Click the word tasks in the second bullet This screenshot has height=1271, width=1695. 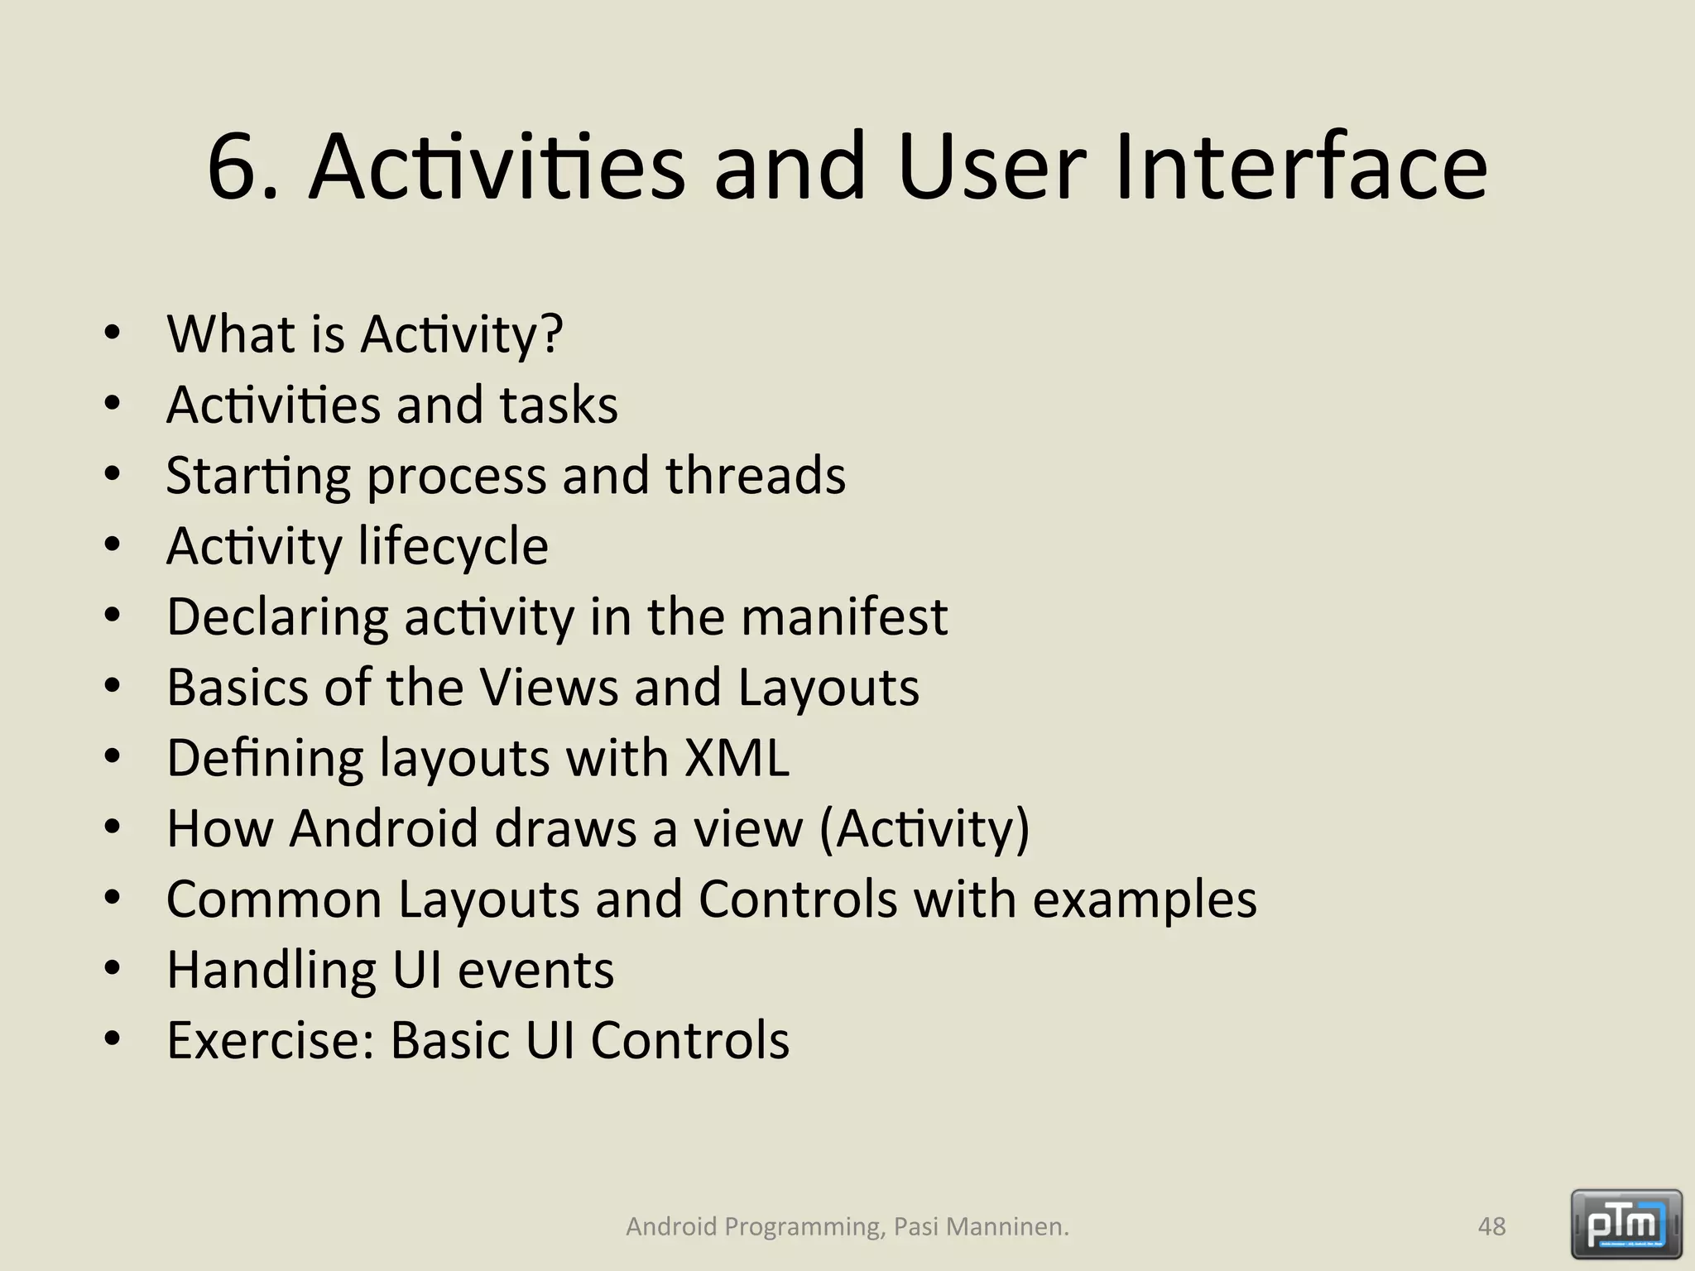tap(559, 405)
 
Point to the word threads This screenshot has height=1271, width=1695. tap(755, 476)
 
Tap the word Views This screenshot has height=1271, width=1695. tap(550, 688)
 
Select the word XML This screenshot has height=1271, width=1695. tap(737, 758)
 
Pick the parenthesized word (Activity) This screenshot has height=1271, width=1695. tap(924, 828)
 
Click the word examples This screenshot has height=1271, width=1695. tap(1145, 899)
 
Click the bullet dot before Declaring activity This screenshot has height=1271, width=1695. tap(113, 616)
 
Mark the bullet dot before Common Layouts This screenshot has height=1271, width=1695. tap(113, 899)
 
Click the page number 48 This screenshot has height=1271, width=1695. tap(1491, 1226)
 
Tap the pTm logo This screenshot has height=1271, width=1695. tap(1625, 1223)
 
